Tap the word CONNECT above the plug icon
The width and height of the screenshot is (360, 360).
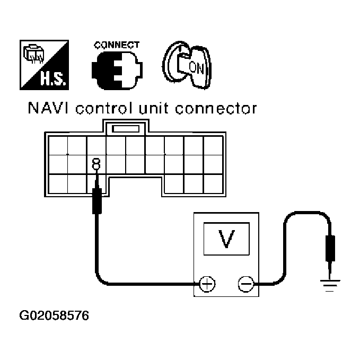click(x=117, y=45)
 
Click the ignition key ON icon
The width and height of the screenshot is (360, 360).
click(x=185, y=66)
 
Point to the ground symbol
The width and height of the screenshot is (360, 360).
click(x=330, y=286)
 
